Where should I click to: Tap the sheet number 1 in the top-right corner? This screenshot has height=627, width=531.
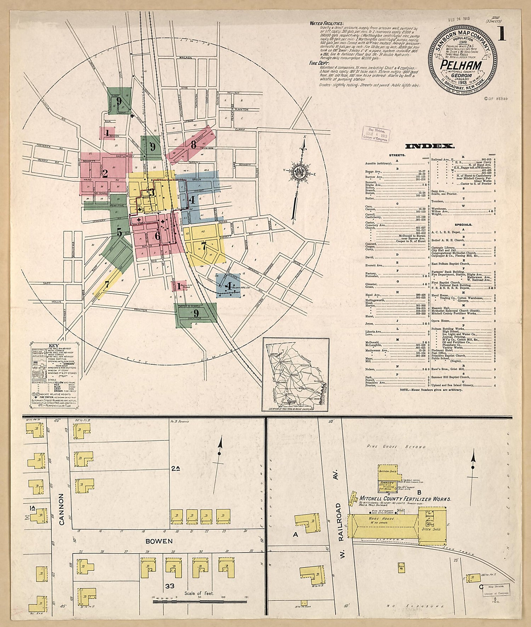501,34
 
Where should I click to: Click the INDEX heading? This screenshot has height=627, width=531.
429,146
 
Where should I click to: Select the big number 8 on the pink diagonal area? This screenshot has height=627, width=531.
193,144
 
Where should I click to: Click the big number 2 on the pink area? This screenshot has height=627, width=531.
105,173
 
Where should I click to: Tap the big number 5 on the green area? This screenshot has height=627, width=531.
119,232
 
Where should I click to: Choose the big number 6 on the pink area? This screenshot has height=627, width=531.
158,235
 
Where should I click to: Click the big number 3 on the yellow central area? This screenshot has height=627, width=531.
152,193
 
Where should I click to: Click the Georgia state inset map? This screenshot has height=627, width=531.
296,374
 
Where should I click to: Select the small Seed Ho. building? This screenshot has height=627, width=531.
401,567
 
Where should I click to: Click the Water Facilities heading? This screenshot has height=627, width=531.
326,23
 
